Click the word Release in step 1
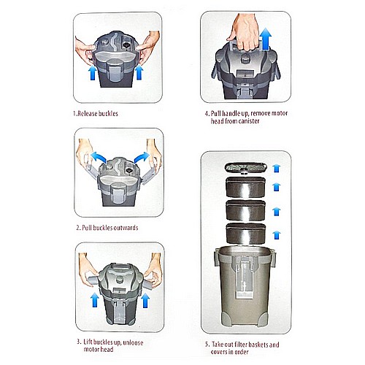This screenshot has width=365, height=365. click(x=87, y=114)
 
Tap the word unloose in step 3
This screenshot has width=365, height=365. click(x=133, y=342)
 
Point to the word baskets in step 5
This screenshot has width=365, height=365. click(x=255, y=345)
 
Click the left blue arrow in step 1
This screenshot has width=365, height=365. click(x=93, y=73)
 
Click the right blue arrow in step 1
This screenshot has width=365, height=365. click(x=139, y=72)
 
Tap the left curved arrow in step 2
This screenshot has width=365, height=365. click(x=98, y=156)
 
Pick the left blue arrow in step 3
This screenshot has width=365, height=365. click(x=95, y=300)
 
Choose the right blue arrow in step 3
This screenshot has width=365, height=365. click(x=145, y=300)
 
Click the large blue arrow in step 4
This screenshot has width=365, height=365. click(x=265, y=39)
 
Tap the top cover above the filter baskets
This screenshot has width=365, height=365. click(x=246, y=168)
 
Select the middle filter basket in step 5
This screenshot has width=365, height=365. click(x=246, y=210)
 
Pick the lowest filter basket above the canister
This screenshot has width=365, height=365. click(x=246, y=234)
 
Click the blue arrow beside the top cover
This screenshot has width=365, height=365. click(x=277, y=168)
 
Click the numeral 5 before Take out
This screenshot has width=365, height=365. click(x=207, y=345)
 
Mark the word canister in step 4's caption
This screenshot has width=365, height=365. click(x=248, y=121)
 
